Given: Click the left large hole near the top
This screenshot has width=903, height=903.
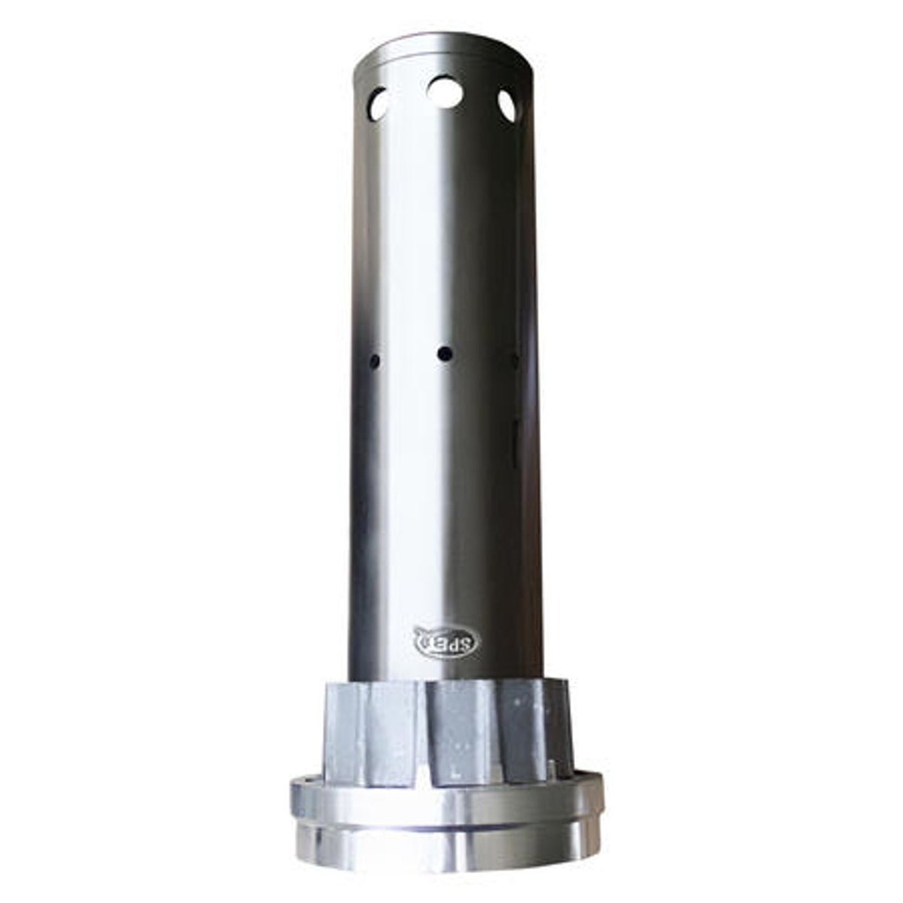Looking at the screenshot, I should [x=378, y=105].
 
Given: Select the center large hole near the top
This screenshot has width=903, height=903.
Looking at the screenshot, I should [x=444, y=92].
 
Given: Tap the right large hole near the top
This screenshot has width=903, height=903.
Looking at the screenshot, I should [x=507, y=106].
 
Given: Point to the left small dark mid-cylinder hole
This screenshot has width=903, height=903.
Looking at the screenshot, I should [x=375, y=361].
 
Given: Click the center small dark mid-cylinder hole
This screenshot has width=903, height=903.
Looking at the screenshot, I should [x=444, y=354].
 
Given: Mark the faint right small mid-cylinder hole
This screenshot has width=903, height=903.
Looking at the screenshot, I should [x=513, y=360].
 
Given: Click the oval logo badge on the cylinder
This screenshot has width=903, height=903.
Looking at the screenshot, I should [x=445, y=641].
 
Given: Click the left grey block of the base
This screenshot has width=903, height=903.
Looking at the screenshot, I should [x=370, y=732].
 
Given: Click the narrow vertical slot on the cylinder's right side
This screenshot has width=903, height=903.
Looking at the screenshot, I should [x=514, y=441].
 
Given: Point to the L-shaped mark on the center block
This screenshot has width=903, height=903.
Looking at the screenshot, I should [x=455, y=774].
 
